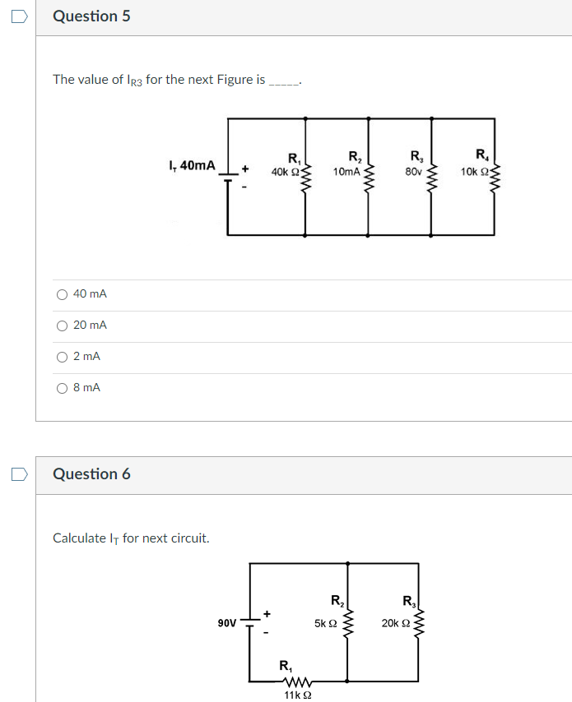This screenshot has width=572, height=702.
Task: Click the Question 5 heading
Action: pyautogui.click(x=91, y=16)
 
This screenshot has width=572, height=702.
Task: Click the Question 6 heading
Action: pyautogui.click(x=91, y=474)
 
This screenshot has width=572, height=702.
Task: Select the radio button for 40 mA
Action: pyautogui.click(x=62, y=294)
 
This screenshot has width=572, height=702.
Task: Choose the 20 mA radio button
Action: pyautogui.click(x=62, y=326)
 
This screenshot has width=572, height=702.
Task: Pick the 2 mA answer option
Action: pyautogui.click(x=62, y=357)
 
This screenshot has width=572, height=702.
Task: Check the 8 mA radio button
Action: pyautogui.click(x=62, y=388)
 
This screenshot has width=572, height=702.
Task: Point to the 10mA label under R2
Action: pyautogui.click(x=346, y=172)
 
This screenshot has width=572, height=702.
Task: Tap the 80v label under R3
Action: pyautogui.click(x=412, y=172)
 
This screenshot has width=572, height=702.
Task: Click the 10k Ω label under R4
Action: pyautogui.click(x=475, y=172)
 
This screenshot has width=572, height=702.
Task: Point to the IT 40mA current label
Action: pyautogui.click(x=191, y=166)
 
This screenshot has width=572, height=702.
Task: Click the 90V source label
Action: pyautogui.click(x=227, y=623)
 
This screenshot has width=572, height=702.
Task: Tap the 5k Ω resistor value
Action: pyautogui.click(x=325, y=623)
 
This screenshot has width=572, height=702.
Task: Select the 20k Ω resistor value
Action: pyautogui.click(x=395, y=623)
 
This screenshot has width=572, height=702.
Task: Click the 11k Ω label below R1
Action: pyautogui.click(x=296, y=695)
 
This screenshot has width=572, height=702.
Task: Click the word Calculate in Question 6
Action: pyautogui.click(x=78, y=538)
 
